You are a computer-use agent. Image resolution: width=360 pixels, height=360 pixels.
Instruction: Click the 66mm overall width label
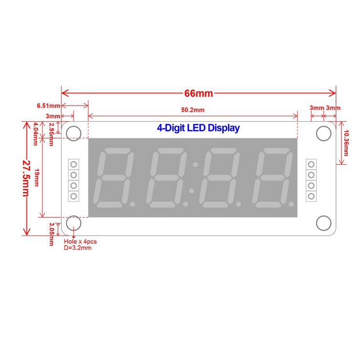(199, 93)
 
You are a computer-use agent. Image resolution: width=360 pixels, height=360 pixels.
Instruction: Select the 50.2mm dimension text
(193, 110)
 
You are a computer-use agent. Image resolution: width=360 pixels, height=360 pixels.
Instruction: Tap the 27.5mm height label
(26, 178)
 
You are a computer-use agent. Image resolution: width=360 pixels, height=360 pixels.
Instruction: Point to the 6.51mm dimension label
(48, 106)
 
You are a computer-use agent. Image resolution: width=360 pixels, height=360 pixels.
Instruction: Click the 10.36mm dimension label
(346, 143)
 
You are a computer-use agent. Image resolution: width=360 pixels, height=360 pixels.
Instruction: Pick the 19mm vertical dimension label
(37, 177)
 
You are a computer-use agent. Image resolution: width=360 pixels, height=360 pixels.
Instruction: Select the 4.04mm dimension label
(36, 134)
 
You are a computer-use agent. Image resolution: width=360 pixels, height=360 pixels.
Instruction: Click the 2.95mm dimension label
(51, 134)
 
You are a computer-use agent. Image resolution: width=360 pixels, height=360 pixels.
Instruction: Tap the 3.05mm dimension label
(51, 234)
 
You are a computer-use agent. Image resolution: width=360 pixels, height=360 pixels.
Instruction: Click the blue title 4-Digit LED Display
(198, 128)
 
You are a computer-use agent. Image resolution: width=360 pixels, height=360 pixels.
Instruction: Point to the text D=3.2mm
(78, 248)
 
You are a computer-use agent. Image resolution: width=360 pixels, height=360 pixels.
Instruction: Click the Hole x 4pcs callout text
(81, 241)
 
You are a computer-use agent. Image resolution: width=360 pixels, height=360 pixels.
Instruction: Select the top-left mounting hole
(74, 133)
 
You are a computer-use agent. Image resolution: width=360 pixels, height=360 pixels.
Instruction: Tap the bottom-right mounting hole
(324, 223)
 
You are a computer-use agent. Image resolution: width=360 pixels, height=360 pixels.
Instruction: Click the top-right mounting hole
(324, 133)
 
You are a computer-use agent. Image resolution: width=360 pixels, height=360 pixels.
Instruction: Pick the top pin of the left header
(74, 165)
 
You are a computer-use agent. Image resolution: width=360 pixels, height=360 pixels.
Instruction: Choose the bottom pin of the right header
(311, 196)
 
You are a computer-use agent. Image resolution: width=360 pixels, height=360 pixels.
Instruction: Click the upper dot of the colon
(195, 165)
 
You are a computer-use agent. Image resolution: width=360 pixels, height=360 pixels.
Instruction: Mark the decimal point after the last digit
(291, 204)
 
